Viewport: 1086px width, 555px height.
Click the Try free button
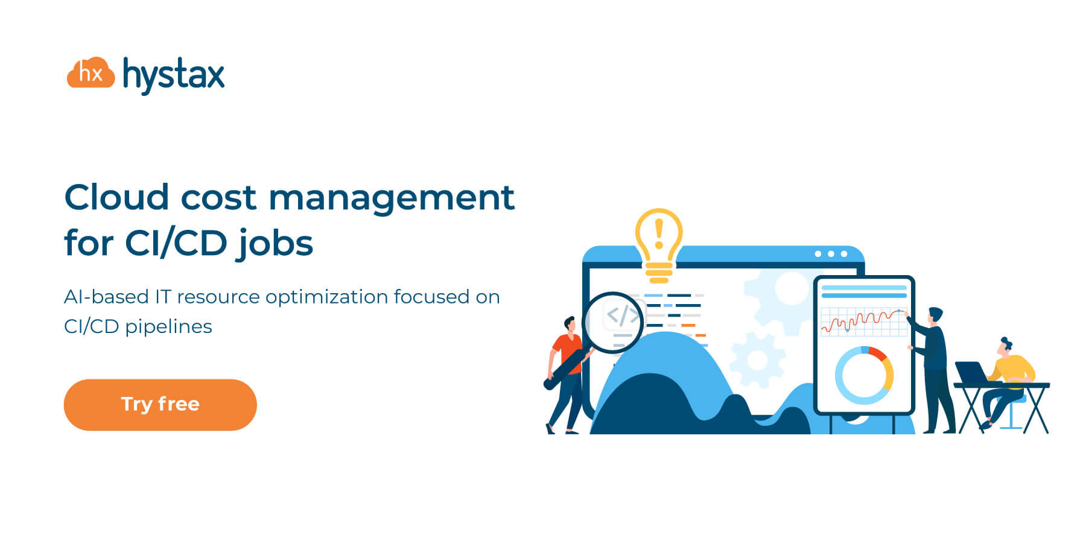tap(160, 405)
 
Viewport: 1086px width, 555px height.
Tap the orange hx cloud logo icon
tap(91, 74)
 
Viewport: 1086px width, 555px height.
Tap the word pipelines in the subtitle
tap(168, 326)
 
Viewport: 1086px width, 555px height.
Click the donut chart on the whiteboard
tap(864, 375)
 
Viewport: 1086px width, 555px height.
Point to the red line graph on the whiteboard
tap(863, 320)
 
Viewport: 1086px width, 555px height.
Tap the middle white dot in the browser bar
tap(831, 254)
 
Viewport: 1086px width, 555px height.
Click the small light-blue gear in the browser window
tap(757, 360)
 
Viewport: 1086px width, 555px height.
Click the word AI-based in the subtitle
tap(106, 297)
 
